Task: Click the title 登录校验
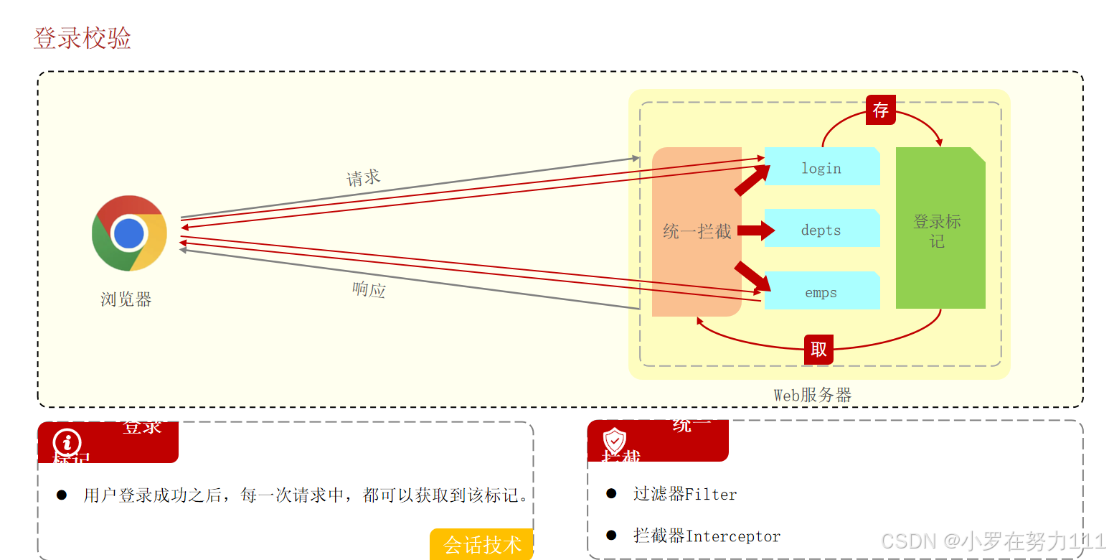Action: [x=82, y=38]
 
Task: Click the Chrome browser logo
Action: [x=129, y=233]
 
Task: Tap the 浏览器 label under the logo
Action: [x=126, y=299]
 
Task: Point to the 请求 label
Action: [x=363, y=177]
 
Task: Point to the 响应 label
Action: [x=369, y=289]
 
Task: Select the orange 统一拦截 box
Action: [x=696, y=231]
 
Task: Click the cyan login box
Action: [x=821, y=167]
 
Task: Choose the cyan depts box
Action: [x=821, y=229]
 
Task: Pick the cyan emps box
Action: [x=821, y=291]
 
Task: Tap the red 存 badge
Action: [x=880, y=110]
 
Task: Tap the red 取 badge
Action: [x=818, y=350]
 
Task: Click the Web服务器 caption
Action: [x=812, y=395]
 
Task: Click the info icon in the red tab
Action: [x=67, y=443]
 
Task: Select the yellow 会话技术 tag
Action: [x=482, y=544]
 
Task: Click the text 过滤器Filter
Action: [x=685, y=494]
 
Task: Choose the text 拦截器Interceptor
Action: [x=707, y=536]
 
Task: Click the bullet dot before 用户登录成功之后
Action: [x=62, y=495]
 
